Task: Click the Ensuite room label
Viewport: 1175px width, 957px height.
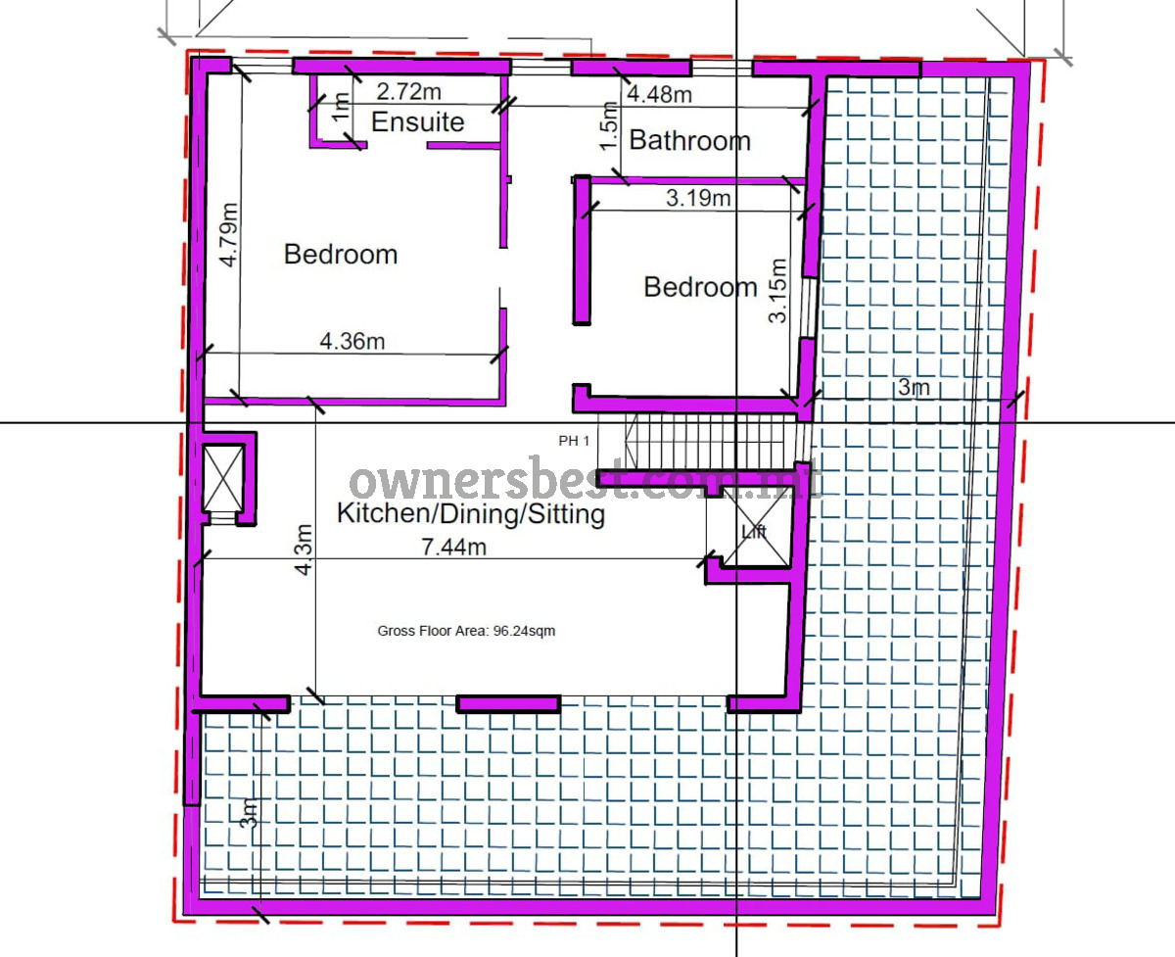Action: click(417, 122)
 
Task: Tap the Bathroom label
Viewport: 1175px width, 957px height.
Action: click(690, 140)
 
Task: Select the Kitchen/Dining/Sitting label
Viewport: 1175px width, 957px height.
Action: click(471, 514)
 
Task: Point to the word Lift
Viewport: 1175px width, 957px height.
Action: click(754, 532)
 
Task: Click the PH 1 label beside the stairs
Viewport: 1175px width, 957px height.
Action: click(574, 441)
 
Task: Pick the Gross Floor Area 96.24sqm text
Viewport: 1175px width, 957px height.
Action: click(466, 631)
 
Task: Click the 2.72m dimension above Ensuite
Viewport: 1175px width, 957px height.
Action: click(408, 92)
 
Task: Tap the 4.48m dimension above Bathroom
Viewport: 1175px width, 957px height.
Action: click(659, 94)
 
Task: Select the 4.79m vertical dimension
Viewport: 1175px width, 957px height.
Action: click(229, 235)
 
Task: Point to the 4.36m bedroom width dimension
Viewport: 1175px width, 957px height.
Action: click(352, 342)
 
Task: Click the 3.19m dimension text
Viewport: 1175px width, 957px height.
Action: click(698, 198)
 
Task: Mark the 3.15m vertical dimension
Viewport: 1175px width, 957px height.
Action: click(777, 291)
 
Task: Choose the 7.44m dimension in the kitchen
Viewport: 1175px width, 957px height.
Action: click(454, 547)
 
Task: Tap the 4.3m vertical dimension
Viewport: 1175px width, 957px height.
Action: click(304, 550)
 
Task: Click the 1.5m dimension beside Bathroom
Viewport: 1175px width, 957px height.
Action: click(608, 125)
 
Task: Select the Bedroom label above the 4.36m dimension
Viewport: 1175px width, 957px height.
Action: click(341, 255)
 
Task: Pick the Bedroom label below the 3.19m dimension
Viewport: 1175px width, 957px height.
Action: click(700, 288)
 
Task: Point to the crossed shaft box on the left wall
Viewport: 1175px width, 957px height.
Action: click(223, 478)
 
